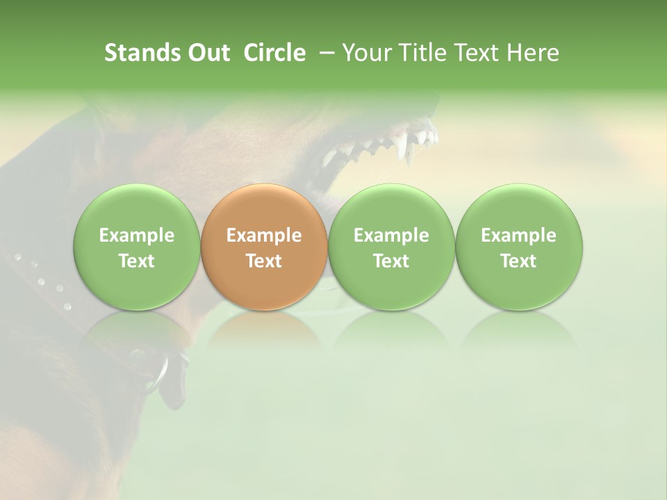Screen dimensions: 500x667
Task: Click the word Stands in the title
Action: coord(142,53)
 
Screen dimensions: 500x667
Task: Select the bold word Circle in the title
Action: coord(274,53)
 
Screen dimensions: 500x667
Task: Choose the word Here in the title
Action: coord(532,53)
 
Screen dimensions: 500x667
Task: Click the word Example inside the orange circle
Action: coord(264,235)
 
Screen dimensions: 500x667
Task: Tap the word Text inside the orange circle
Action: coord(264,261)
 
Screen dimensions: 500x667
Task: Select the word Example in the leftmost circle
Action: coord(137,235)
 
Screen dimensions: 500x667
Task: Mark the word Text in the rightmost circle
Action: coord(518,261)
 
